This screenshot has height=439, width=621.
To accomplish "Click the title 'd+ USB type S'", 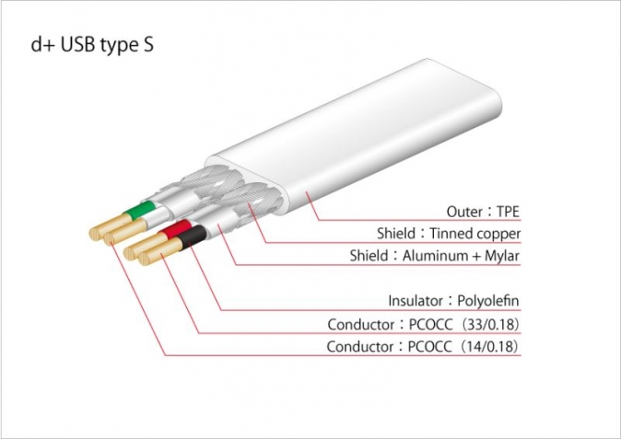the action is click(92, 45).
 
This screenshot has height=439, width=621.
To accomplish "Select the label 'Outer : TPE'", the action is click(483, 212).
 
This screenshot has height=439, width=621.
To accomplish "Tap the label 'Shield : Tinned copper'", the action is click(449, 234).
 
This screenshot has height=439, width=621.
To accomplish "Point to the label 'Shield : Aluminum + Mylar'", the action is click(435, 256).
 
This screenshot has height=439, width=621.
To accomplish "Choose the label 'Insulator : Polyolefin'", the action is click(453, 301).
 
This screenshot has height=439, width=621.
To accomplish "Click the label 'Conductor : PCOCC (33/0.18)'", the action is click(424, 324).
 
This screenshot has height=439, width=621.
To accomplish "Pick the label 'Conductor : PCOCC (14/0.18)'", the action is click(423, 346).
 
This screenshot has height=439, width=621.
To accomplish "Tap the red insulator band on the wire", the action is click(175, 228).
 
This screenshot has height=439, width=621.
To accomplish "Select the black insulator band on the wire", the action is click(192, 237).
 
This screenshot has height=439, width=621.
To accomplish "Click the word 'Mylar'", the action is click(502, 256).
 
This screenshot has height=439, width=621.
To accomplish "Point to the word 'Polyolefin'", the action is click(488, 301).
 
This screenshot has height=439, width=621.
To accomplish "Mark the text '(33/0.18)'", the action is click(489, 324).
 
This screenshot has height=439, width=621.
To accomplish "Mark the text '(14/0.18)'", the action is click(489, 346).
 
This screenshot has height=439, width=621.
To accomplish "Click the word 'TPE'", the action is click(508, 212).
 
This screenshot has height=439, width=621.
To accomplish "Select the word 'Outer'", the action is click(464, 212).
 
